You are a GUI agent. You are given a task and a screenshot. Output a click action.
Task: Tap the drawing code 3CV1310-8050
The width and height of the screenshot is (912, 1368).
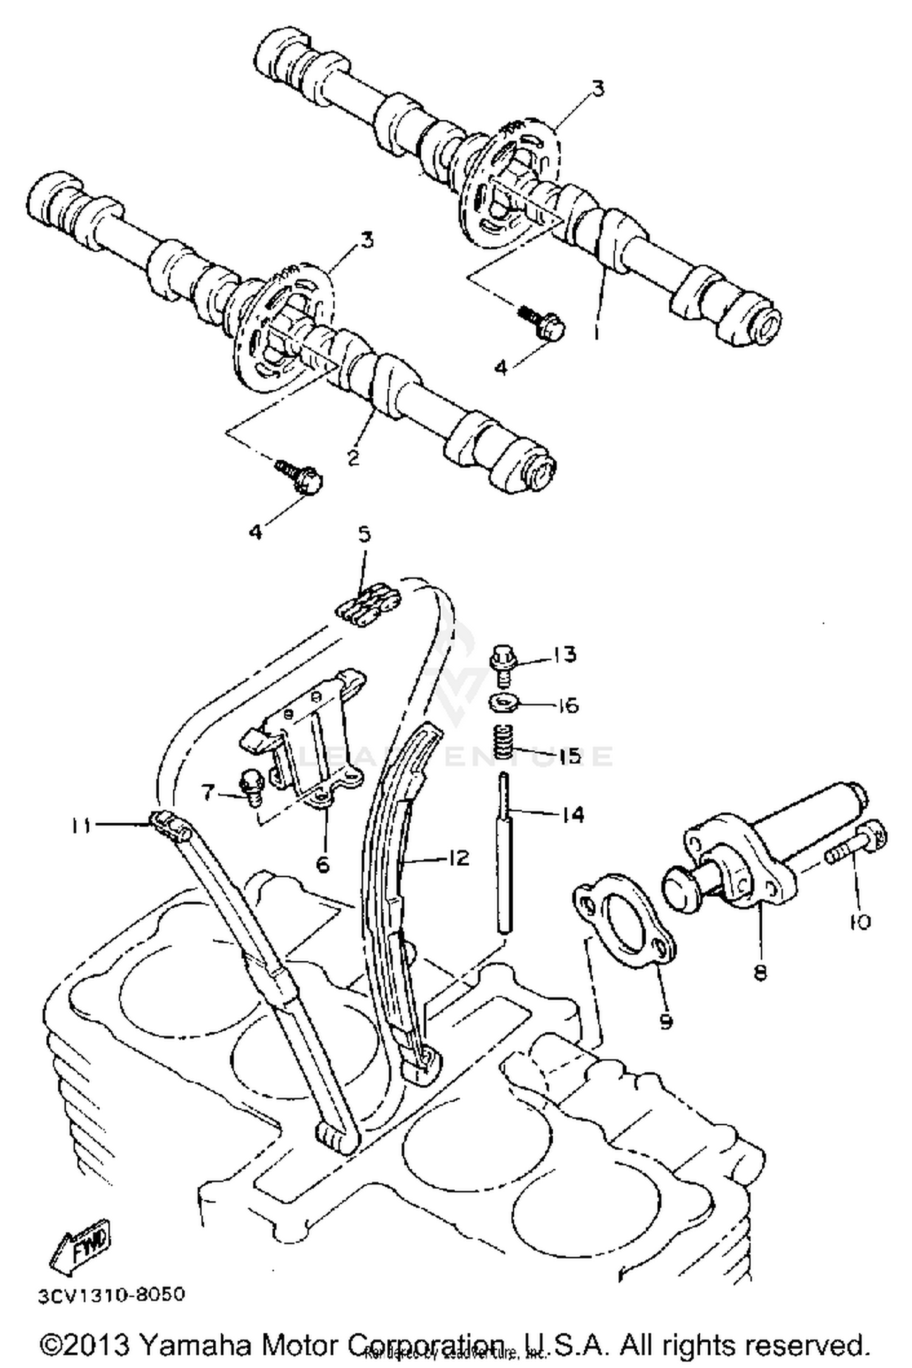[111, 1295]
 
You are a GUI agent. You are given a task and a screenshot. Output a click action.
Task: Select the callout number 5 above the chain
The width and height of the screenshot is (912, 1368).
[363, 535]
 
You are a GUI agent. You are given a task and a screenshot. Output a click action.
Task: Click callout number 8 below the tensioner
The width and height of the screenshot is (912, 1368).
[760, 972]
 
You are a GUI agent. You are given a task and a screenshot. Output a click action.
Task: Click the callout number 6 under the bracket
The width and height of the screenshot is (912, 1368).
[322, 863]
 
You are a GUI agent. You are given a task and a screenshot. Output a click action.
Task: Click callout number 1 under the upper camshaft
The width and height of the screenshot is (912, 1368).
[596, 333]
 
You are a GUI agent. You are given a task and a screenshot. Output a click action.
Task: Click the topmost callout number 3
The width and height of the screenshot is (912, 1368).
[598, 89]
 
